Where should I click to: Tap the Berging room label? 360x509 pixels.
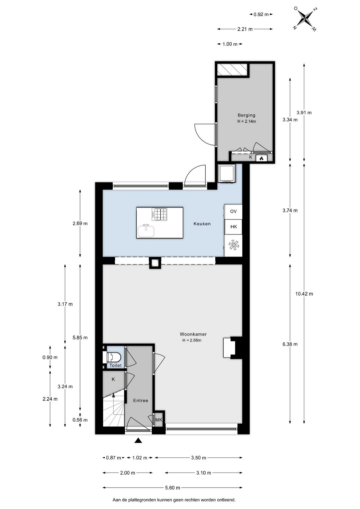pyautogui.click(x=246, y=115)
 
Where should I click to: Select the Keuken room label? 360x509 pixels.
pyautogui.click(x=202, y=224)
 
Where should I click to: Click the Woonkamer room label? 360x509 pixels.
pyautogui.click(x=193, y=334)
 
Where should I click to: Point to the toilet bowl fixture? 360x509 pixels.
pyautogui.click(x=114, y=357)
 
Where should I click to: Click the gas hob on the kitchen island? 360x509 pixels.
pyautogui.click(x=159, y=214)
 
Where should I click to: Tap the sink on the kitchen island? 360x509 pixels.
pyautogui.click(x=146, y=230)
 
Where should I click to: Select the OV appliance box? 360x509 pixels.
pyautogui.click(x=233, y=211)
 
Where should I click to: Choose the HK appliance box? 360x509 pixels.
pyautogui.click(x=233, y=227)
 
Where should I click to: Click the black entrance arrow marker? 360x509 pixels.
pyautogui.click(x=138, y=441)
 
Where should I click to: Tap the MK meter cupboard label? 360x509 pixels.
pyautogui.click(x=159, y=420)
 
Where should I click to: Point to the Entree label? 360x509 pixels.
pyautogui.click(x=140, y=401)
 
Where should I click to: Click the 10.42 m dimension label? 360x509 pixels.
pyautogui.click(x=304, y=294)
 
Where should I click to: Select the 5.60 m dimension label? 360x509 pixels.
pyautogui.click(x=172, y=488)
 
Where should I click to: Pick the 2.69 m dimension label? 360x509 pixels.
pyautogui.click(x=80, y=223)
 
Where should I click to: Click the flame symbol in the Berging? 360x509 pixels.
pyautogui.click(x=261, y=158)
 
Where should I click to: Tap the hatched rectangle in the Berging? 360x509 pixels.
pyautogui.click(x=232, y=70)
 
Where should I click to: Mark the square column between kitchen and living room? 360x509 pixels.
pyautogui.click(x=155, y=263)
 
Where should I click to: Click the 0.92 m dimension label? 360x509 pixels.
pyautogui.click(x=261, y=14)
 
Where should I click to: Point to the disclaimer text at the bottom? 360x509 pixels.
pyautogui.click(x=174, y=500)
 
